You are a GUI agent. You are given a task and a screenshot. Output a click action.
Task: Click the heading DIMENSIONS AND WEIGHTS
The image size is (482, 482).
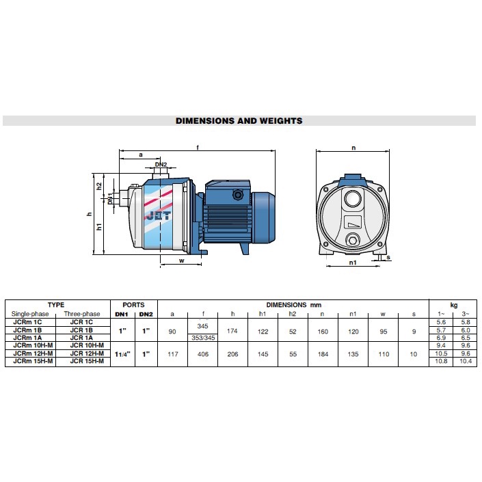(239, 121)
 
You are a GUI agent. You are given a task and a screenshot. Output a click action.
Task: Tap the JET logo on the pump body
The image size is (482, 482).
(159, 216)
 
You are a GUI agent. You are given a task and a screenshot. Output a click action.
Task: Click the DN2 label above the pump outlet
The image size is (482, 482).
(161, 165)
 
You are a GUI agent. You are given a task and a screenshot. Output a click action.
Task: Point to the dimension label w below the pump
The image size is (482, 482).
(182, 260)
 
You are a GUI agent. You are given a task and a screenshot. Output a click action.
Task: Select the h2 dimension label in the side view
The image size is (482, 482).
(99, 186)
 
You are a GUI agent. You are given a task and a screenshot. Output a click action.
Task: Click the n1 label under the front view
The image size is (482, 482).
(353, 263)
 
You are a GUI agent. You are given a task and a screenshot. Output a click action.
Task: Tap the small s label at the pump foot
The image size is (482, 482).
(388, 257)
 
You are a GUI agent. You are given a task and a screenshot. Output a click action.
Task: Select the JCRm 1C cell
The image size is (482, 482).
(27, 322)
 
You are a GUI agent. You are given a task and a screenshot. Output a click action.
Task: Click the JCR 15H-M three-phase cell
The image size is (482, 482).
(87, 361)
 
